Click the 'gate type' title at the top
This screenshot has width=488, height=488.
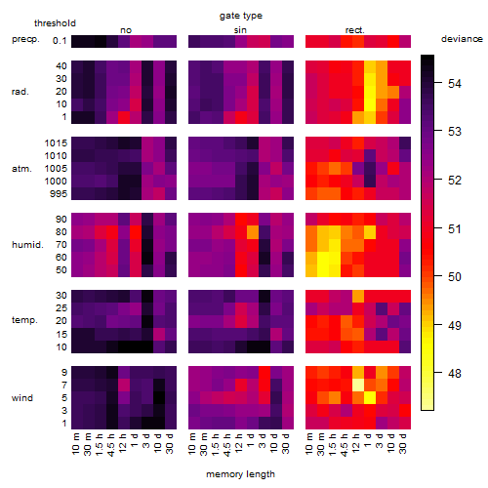[241, 16]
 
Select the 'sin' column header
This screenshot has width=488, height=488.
[240, 30]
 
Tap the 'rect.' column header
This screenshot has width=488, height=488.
[355, 30]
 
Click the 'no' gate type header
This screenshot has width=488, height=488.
[126, 30]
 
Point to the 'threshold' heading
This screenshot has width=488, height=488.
[55, 23]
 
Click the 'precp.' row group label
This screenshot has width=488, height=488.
[25, 39]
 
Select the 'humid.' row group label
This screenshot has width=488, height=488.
[27, 244]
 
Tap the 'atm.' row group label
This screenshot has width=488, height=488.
[21, 169]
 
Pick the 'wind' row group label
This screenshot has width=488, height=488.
[22, 397]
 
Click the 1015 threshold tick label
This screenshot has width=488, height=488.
[56, 143]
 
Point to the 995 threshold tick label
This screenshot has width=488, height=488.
[59, 194]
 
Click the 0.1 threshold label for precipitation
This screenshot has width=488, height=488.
[60, 41]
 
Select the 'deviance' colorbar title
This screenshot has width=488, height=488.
[462, 39]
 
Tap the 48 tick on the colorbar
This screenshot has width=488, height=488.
[455, 373]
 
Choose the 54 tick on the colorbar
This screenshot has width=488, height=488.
[455, 84]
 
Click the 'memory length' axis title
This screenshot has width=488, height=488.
[240, 474]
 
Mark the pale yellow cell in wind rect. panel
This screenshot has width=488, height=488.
[358, 385]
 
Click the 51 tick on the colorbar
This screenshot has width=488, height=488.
[455, 229]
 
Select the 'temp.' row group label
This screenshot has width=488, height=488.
[24, 320]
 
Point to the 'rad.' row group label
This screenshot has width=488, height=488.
[20, 92]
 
